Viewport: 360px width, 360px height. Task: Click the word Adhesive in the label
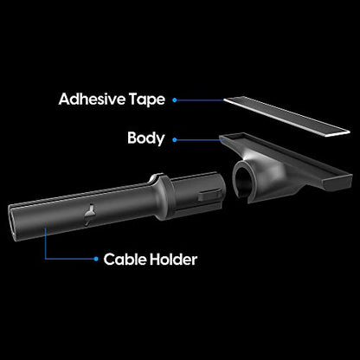[x=92, y=99]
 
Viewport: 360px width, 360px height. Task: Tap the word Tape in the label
[x=147, y=100]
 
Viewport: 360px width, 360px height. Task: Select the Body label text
[x=146, y=138]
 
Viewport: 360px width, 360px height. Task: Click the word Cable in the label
[x=124, y=260]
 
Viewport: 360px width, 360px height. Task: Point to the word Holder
[x=173, y=260]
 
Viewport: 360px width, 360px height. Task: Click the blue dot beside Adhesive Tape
[x=175, y=100]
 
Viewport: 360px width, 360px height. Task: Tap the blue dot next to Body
[x=175, y=140]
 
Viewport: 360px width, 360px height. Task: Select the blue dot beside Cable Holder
[x=96, y=259]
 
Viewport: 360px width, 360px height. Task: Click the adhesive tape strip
[x=287, y=116]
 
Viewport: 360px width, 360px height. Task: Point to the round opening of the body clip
[x=241, y=181]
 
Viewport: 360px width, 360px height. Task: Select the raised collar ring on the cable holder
[x=163, y=196]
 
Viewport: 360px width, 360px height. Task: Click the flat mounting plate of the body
[x=286, y=158]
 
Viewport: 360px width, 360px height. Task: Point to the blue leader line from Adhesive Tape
[x=200, y=100]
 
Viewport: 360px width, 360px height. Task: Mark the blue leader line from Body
[x=200, y=140]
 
